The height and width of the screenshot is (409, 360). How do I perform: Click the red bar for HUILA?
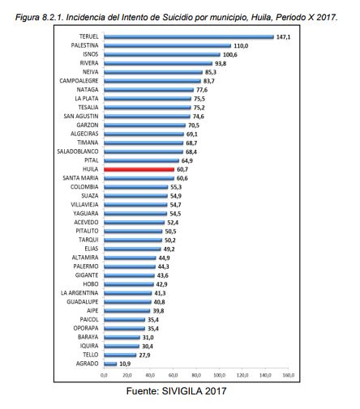pos(139,169)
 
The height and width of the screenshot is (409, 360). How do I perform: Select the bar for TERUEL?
pos(189,37)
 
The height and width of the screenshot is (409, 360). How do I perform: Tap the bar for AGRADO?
pos(110,364)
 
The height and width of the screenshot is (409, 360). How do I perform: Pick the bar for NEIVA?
pos(153,72)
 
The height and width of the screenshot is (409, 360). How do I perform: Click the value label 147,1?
pos(283,37)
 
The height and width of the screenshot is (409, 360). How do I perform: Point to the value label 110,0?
pos(241,46)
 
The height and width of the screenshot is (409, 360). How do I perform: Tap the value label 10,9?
pos(125,364)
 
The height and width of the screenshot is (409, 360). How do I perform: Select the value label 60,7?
pos(182,169)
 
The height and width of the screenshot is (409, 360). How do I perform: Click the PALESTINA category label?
pos(84,45)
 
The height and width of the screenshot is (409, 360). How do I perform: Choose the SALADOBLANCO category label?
pos(78,151)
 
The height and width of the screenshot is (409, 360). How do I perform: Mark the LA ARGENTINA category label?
pos(79,293)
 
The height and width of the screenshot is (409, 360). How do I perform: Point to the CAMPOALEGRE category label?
pos(79,81)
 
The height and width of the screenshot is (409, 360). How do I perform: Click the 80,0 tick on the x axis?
pos(196,375)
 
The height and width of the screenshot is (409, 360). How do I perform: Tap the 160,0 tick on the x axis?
pos(289,375)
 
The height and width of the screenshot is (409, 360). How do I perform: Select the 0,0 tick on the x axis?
pos(104,375)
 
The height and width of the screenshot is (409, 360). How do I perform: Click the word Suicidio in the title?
pos(178,17)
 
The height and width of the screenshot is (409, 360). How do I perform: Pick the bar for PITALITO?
pos(133,232)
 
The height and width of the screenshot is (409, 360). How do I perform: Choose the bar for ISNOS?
pos(162,55)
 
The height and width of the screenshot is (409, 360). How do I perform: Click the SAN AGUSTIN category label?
pos(81,116)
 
